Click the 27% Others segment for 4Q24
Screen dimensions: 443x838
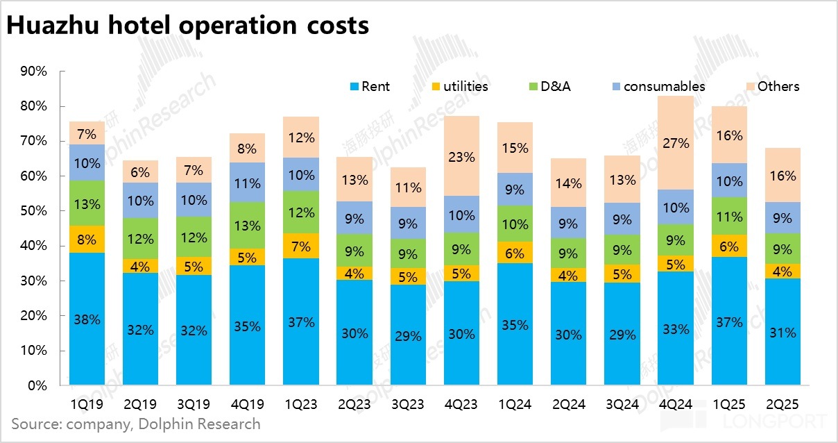point(675,143)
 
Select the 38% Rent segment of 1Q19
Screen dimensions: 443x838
point(87,319)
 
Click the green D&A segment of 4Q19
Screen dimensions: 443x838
point(247,226)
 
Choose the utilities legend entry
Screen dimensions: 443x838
point(459,87)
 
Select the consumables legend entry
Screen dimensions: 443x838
point(656,87)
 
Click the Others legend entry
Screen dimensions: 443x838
point(770,87)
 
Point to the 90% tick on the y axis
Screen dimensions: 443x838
point(33,72)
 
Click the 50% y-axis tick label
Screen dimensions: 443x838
point(33,211)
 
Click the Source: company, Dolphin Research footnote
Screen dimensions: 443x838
point(136,423)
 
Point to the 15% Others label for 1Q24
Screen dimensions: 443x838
point(515,148)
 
